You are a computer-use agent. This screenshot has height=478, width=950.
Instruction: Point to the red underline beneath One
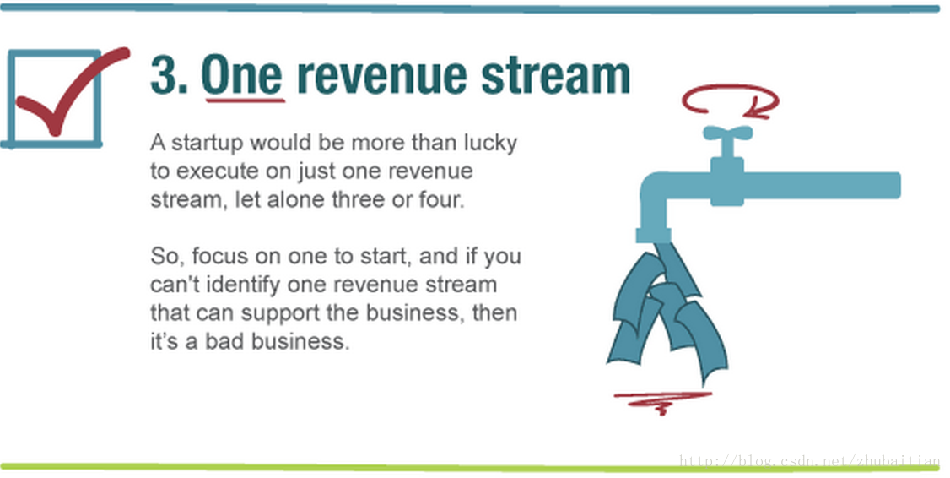pos(246,100)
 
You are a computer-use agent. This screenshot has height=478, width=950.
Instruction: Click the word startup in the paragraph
pos(208,144)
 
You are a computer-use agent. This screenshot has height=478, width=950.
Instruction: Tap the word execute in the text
pos(213,171)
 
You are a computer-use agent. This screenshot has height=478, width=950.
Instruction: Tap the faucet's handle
pos(727,133)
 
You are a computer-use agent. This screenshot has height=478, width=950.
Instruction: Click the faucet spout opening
pos(654,236)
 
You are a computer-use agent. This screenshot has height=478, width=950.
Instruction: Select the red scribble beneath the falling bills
pos(663,399)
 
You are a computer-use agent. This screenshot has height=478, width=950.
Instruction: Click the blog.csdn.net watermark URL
pos(809,462)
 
